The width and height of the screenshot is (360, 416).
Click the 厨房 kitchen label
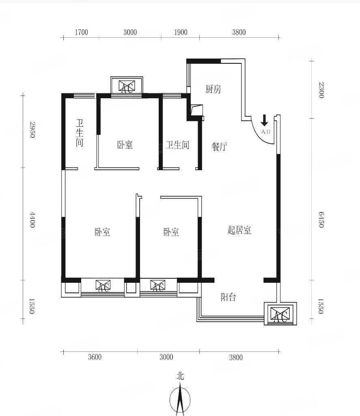(213, 89)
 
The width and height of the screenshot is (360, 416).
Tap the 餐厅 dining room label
(220, 146)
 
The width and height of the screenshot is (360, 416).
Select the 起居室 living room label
(239, 230)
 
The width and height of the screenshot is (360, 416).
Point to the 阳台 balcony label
(228, 297)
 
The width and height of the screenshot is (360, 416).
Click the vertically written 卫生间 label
(80, 133)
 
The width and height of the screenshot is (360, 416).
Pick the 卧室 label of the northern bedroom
(125, 145)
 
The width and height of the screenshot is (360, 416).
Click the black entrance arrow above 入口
(264, 120)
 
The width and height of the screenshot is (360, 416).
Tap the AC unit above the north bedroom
(127, 86)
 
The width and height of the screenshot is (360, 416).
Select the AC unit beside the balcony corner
(280, 314)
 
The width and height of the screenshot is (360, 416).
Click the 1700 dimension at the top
(82, 32)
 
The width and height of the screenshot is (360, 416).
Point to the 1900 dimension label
(181, 32)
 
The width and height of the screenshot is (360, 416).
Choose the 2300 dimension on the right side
(321, 90)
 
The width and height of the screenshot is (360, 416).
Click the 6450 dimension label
(321, 220)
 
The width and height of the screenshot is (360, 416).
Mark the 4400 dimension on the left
(32, 220)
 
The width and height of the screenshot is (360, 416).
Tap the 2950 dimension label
(32, 130)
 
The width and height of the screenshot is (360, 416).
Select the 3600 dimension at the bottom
(95, 357)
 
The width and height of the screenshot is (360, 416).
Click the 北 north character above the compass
(180, 376)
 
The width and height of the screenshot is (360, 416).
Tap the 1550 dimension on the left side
(32, 306)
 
